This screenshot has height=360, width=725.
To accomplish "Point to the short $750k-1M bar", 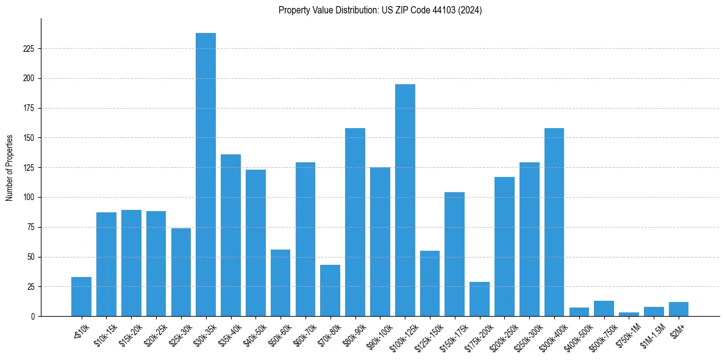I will [629, 314].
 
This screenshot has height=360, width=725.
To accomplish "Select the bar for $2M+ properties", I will [679, 309].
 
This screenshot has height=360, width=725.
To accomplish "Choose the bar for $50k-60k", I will [280, 283].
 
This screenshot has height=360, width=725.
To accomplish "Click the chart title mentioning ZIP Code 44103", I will [380, 10].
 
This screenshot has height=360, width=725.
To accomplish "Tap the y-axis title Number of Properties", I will [10, 167].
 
